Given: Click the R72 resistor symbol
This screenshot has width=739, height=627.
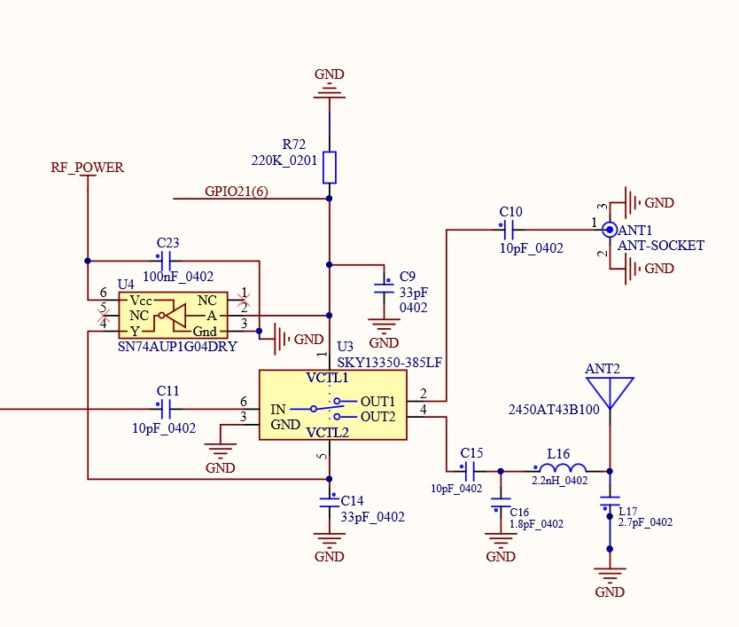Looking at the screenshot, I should (x=330, y=166).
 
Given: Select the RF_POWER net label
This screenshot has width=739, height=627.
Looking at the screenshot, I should (x=87, y=167).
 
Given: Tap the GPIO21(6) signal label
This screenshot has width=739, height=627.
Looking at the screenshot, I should (x=236, y=191).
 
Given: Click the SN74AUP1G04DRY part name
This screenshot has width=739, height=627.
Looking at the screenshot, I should (x=177, y=347).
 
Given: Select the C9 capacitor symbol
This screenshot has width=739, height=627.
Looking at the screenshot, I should (x=384, y=286).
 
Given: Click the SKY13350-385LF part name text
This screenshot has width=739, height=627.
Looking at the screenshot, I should (x=389, y=362).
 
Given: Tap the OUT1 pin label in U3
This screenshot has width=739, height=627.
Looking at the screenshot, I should (x=377, y=401).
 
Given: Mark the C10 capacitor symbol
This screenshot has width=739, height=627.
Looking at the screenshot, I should (x=509, y=231).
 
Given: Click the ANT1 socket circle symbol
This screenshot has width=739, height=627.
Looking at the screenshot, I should (x=609, y=230).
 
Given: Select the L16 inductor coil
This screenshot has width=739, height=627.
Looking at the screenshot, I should (x=559, y=469).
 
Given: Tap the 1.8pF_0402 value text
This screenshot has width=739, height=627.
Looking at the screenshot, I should (x=537, y=524).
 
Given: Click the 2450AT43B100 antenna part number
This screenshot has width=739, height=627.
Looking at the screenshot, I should (x=554, y=410).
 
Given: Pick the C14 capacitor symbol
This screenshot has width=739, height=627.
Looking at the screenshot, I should (x=330, y=502).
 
